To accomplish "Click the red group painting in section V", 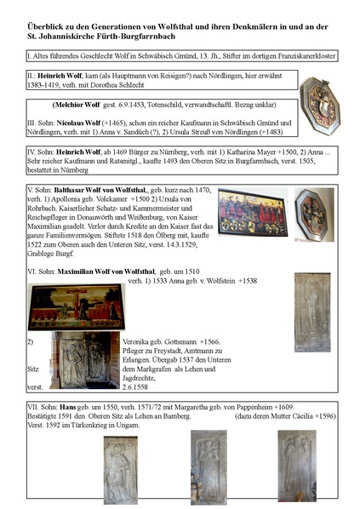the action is pos(251,212).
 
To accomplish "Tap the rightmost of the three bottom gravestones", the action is pos(297,465).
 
